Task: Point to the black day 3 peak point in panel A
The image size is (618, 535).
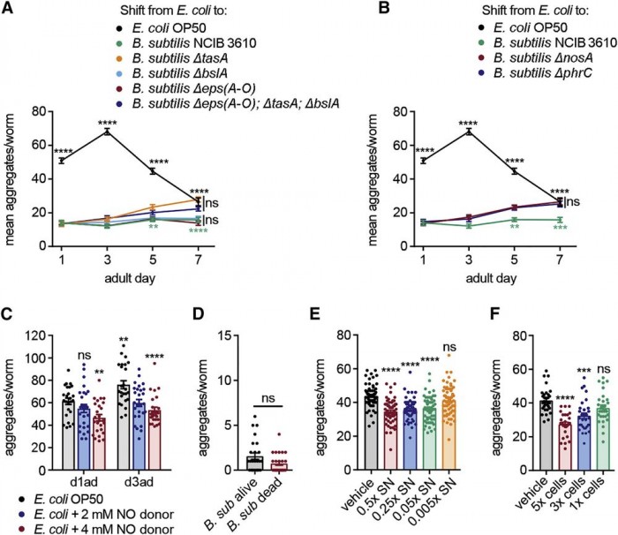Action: point(107,132)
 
